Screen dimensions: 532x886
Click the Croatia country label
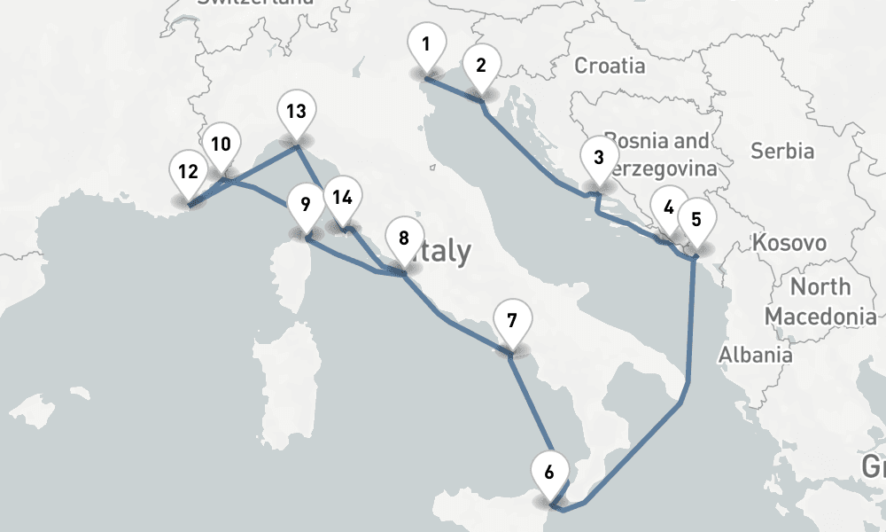610,66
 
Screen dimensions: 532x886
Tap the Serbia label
782,151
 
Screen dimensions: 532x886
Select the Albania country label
756,355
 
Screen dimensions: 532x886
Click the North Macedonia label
820,301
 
